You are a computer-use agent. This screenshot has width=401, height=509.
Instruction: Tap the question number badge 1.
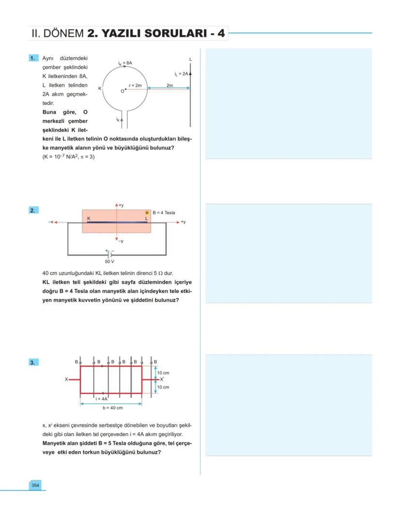pos(33,58)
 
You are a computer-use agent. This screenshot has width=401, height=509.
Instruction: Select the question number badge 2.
pos(33,210)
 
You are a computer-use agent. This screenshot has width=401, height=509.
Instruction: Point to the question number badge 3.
pos(33,362)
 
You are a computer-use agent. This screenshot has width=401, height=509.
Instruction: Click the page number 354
pos(35,485)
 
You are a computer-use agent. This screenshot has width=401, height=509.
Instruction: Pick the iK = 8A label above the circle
pos(125,63)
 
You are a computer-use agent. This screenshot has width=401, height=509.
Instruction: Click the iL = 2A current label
pos(182,74)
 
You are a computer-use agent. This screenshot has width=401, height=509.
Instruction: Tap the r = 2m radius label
pos(135,85)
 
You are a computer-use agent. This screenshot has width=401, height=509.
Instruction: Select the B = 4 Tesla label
pos(164,213)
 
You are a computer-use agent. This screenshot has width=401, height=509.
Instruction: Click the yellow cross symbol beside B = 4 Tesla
pos(147,213)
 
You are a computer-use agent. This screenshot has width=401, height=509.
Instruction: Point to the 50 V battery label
pos(109,262)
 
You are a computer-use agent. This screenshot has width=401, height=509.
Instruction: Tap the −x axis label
pos(50,222)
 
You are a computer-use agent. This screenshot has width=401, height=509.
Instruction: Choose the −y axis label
pos(121,241)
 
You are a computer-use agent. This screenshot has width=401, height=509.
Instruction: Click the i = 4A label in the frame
pos(101,399)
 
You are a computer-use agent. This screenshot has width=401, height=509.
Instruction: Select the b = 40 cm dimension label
pos(112,408)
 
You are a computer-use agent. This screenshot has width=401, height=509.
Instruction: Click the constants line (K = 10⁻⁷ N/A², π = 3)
pos(68,156)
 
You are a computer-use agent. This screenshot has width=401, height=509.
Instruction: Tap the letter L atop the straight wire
pos(190,59)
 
